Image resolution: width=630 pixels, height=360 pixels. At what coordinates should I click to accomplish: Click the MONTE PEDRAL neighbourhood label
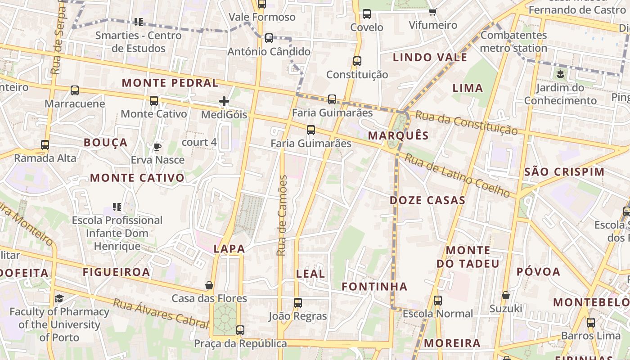[170, 83]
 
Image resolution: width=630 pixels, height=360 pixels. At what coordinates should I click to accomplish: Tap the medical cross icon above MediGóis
[224, 102]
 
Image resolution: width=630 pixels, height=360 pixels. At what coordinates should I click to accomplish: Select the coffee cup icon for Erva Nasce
[157, 147]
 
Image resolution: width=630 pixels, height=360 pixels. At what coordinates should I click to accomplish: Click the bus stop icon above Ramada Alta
[45, 145]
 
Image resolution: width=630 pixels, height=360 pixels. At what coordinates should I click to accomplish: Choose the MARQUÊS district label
[398, 135]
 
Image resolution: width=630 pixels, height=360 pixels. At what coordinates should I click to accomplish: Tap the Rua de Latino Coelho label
[457, 175]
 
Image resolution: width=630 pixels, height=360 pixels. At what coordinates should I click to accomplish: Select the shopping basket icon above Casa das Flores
[209, 285]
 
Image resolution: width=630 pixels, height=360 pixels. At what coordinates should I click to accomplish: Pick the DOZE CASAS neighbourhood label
[427, 200]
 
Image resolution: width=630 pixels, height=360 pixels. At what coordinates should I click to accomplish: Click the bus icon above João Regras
[297, 303]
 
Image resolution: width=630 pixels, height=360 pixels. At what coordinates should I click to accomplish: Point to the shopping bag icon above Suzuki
[506, 296]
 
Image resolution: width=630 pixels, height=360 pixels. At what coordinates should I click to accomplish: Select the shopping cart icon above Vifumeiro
[432, 12]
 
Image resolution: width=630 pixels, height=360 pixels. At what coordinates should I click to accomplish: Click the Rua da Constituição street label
[466, 122]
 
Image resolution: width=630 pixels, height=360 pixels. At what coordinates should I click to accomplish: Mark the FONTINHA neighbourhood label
[374, 286]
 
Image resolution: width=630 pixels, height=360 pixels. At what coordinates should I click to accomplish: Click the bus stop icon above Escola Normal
[438, 301]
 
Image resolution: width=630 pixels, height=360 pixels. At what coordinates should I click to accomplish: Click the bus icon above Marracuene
[75, 90]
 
